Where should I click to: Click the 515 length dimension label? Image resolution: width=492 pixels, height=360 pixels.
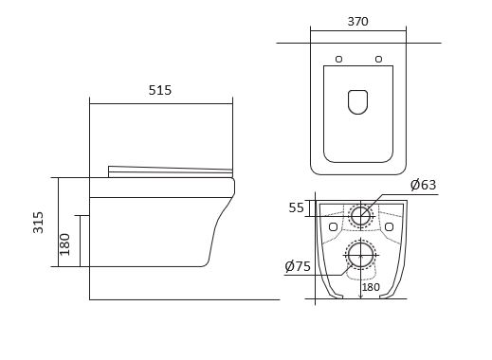160,90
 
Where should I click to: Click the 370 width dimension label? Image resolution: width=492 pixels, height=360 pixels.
357,22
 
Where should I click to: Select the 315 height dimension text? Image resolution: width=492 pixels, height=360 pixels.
38,223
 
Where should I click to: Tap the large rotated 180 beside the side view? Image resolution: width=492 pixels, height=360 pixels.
64,244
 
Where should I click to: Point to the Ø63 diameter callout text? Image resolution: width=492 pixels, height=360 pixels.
423,185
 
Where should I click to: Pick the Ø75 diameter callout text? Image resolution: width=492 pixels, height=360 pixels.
298,266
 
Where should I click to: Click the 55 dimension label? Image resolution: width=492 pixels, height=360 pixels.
296,207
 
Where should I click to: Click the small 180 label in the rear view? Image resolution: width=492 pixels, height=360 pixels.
371,287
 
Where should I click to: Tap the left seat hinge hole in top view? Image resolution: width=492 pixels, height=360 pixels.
338,59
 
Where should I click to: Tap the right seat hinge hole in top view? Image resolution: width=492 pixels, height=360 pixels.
378,59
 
